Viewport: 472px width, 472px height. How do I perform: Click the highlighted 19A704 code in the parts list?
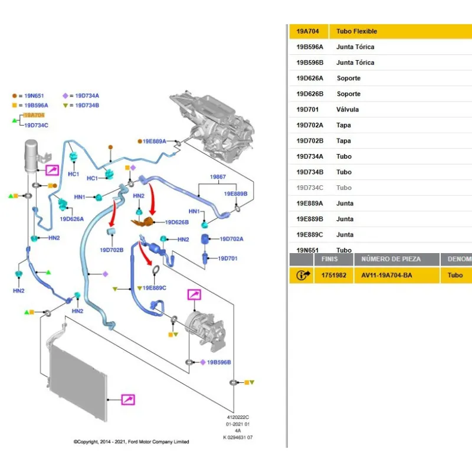307,31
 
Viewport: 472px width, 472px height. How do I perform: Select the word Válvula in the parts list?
348,109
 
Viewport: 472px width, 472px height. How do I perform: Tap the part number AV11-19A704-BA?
386,275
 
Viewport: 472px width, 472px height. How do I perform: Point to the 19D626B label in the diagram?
176,222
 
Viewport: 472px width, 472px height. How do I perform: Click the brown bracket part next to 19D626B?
144,222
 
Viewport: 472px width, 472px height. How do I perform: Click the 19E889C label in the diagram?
155,287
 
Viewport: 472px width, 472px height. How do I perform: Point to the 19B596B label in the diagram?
219,362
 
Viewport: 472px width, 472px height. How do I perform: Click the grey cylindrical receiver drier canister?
33,156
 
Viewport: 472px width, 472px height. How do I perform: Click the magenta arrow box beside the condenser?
128,400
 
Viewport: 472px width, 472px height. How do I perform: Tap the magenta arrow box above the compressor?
194,295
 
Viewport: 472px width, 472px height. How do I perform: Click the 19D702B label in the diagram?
112,250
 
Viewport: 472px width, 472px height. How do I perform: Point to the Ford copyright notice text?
131,441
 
